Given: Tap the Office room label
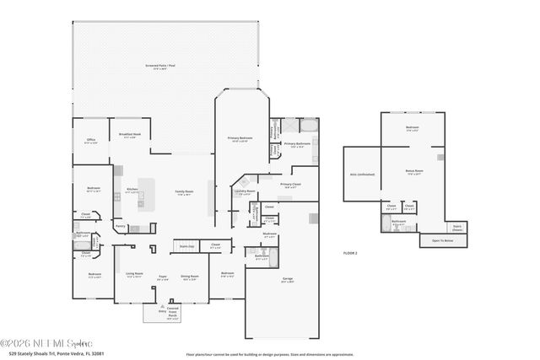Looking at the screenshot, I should [90, 142].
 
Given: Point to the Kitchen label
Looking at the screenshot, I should [132, 190].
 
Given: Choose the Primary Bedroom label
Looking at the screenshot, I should [240, 138].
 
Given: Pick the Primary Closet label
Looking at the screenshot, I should [291, 185].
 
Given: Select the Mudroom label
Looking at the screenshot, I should [270, 235].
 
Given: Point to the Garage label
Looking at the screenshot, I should [287, 279].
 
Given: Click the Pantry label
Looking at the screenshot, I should [120, 226].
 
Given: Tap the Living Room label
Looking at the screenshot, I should [134, 275].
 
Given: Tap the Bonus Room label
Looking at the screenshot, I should [413, 171].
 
